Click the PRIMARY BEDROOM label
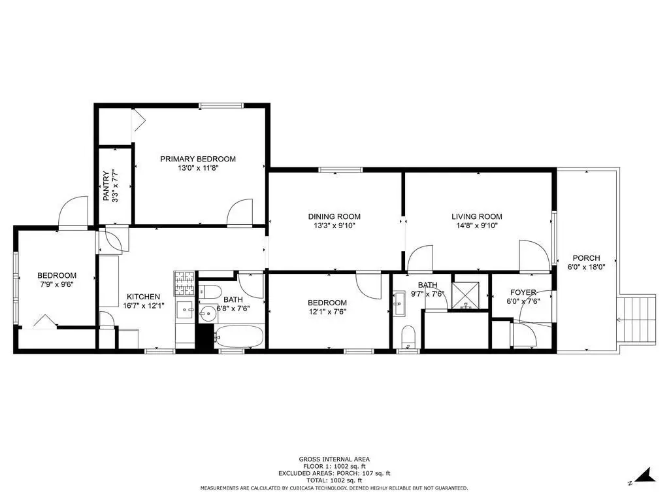point(198,159)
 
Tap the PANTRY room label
point(106,186)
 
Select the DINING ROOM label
point(334,216)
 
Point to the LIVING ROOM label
point(476,216)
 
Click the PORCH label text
point(586,258)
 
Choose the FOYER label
point(523,292)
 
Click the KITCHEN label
point(143,297)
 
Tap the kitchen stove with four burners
point(184,284)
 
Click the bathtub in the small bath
point(239,337)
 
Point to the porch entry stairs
point(636,318)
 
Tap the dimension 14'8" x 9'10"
point(476,226)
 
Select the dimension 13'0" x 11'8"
point(198,168)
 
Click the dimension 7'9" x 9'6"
point(57,284)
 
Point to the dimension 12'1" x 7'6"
point(327,312)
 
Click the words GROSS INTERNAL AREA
point(334,460)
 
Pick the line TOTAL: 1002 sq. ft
point(334,480)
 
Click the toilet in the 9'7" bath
point(408,337)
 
